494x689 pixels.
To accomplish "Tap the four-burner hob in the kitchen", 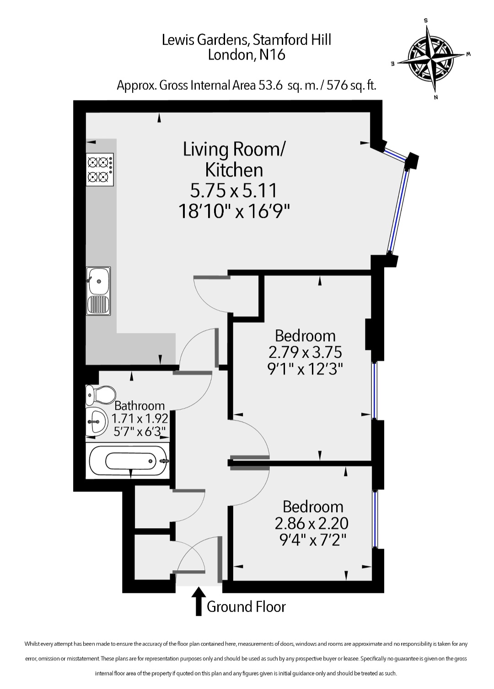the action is [x=100, y=169].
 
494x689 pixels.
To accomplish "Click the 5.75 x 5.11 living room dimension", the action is [x=234, y=191].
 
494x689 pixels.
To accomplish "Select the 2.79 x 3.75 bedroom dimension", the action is [x=305, y=353].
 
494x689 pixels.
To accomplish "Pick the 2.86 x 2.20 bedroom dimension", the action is [x=311, y=524].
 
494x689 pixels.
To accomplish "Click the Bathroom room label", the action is [x=140, y=406].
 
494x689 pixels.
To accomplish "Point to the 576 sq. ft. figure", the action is [x=351, y=85].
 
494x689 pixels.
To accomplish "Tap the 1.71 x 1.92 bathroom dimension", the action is [x=140, y=419].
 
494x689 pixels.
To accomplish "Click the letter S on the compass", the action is [x=426, y=21].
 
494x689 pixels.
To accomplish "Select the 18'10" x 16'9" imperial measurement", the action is [x=234, y=212].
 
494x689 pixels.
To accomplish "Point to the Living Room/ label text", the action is [x=234, y=149].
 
